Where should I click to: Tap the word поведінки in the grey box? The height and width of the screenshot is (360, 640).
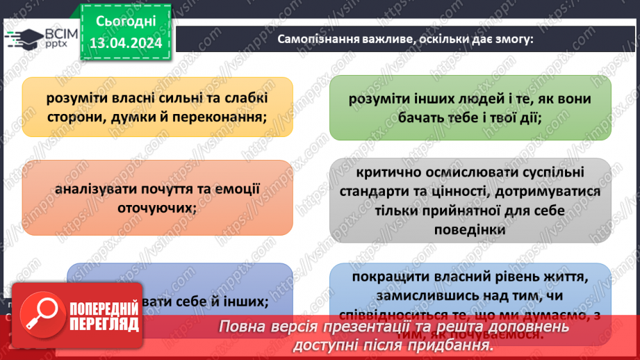[x=471, y=227]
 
